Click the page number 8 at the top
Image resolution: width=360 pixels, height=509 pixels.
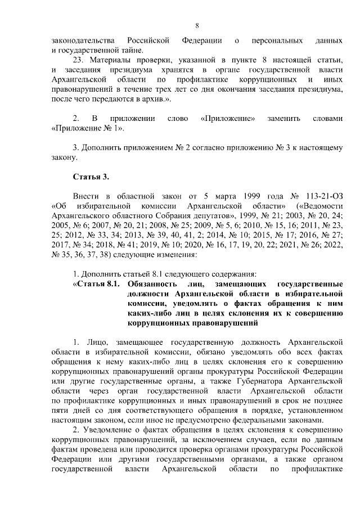pyautogui.click(x=197, y=25)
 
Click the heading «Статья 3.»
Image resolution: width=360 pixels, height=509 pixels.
pyautogui.click(x=90, y=178)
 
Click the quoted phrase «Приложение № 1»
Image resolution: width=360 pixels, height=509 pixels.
pyautogui.click(x=85, y=129)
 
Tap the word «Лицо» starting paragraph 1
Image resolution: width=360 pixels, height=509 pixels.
pyautogui.click(x=96, y=343)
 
